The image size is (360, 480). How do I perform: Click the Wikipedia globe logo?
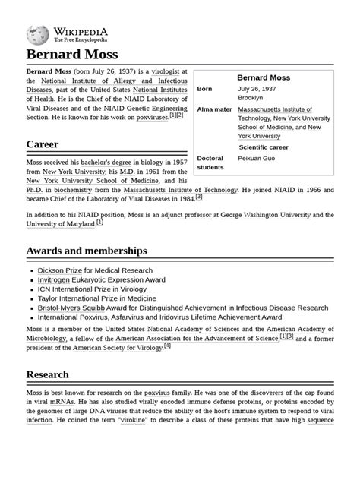coord(38,35)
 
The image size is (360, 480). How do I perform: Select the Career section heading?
coord(43,144)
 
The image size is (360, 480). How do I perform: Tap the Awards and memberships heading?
coord(87,251)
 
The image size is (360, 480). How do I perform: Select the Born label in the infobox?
coord(205,89)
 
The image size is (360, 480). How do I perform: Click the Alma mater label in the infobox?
coord(214,110)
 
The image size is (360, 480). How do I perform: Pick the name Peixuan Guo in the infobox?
coord(258,159)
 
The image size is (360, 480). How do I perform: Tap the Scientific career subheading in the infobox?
coord(274,147)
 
